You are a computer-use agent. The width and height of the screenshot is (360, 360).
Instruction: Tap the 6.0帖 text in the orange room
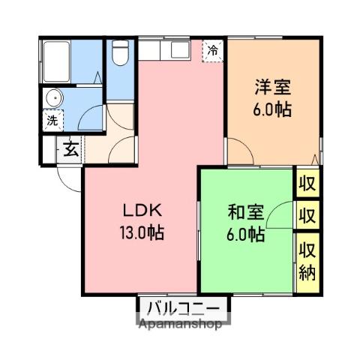point(271,108)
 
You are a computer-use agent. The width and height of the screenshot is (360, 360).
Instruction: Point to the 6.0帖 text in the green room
point(245,234)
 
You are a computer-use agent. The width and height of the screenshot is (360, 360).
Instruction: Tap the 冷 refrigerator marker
point(214,50)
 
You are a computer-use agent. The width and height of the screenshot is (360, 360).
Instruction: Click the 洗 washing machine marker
point(52,119)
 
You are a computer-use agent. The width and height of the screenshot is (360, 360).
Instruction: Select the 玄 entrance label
point(70,148)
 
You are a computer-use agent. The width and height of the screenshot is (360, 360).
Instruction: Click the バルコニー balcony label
point(183,308)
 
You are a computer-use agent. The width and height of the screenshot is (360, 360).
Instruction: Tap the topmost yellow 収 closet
point(307,184)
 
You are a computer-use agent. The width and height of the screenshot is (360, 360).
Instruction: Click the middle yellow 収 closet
point(307,216)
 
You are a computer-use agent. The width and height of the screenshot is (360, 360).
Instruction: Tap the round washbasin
point(53,98)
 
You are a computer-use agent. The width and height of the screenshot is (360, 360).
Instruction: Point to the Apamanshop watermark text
point(180,325)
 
